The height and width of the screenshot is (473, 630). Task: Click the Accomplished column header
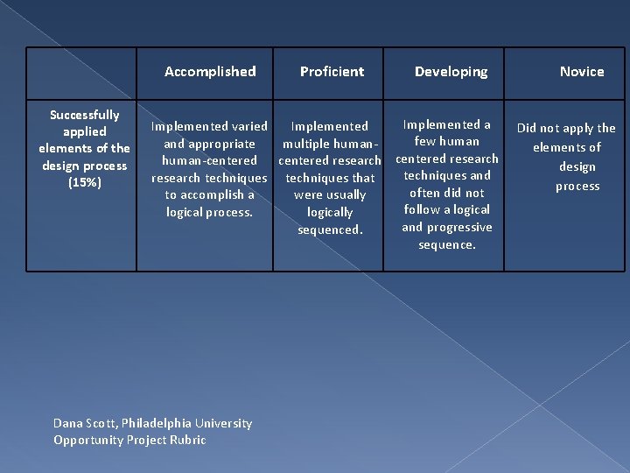210,72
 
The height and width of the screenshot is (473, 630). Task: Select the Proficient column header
332,72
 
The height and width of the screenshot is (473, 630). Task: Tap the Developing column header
451,72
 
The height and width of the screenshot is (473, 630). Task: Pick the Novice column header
582,72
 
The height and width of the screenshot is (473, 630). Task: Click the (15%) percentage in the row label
84,182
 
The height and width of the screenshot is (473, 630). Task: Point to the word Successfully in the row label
84,115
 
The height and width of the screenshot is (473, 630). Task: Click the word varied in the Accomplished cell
248,127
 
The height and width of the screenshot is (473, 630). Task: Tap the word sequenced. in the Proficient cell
330,229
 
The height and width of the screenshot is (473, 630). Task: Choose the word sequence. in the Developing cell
447,244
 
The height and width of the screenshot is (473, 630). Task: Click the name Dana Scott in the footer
83,423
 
